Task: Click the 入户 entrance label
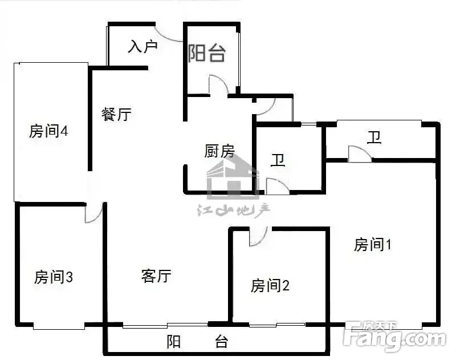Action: (x=142, y=47)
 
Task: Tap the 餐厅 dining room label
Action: (x=116, y=114)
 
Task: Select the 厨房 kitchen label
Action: (x=219, y=151)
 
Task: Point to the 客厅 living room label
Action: (x=156, y=276)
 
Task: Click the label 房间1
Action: (x=373, y=244)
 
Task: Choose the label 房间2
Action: (x=270, y=285)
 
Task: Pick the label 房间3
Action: (x=54, y=277)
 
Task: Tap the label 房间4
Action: (x=48, y=131)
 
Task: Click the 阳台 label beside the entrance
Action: (x=206, y=53)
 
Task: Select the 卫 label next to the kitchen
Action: (x=278, y=160)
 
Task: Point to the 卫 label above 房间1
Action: (x=374, y=137)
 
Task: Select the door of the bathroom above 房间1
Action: (x=360, y=153)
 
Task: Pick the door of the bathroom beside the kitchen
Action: (x=278, y=186)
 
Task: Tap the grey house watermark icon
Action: (x=233, y=177)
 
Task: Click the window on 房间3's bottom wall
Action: (x=59, y=326)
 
